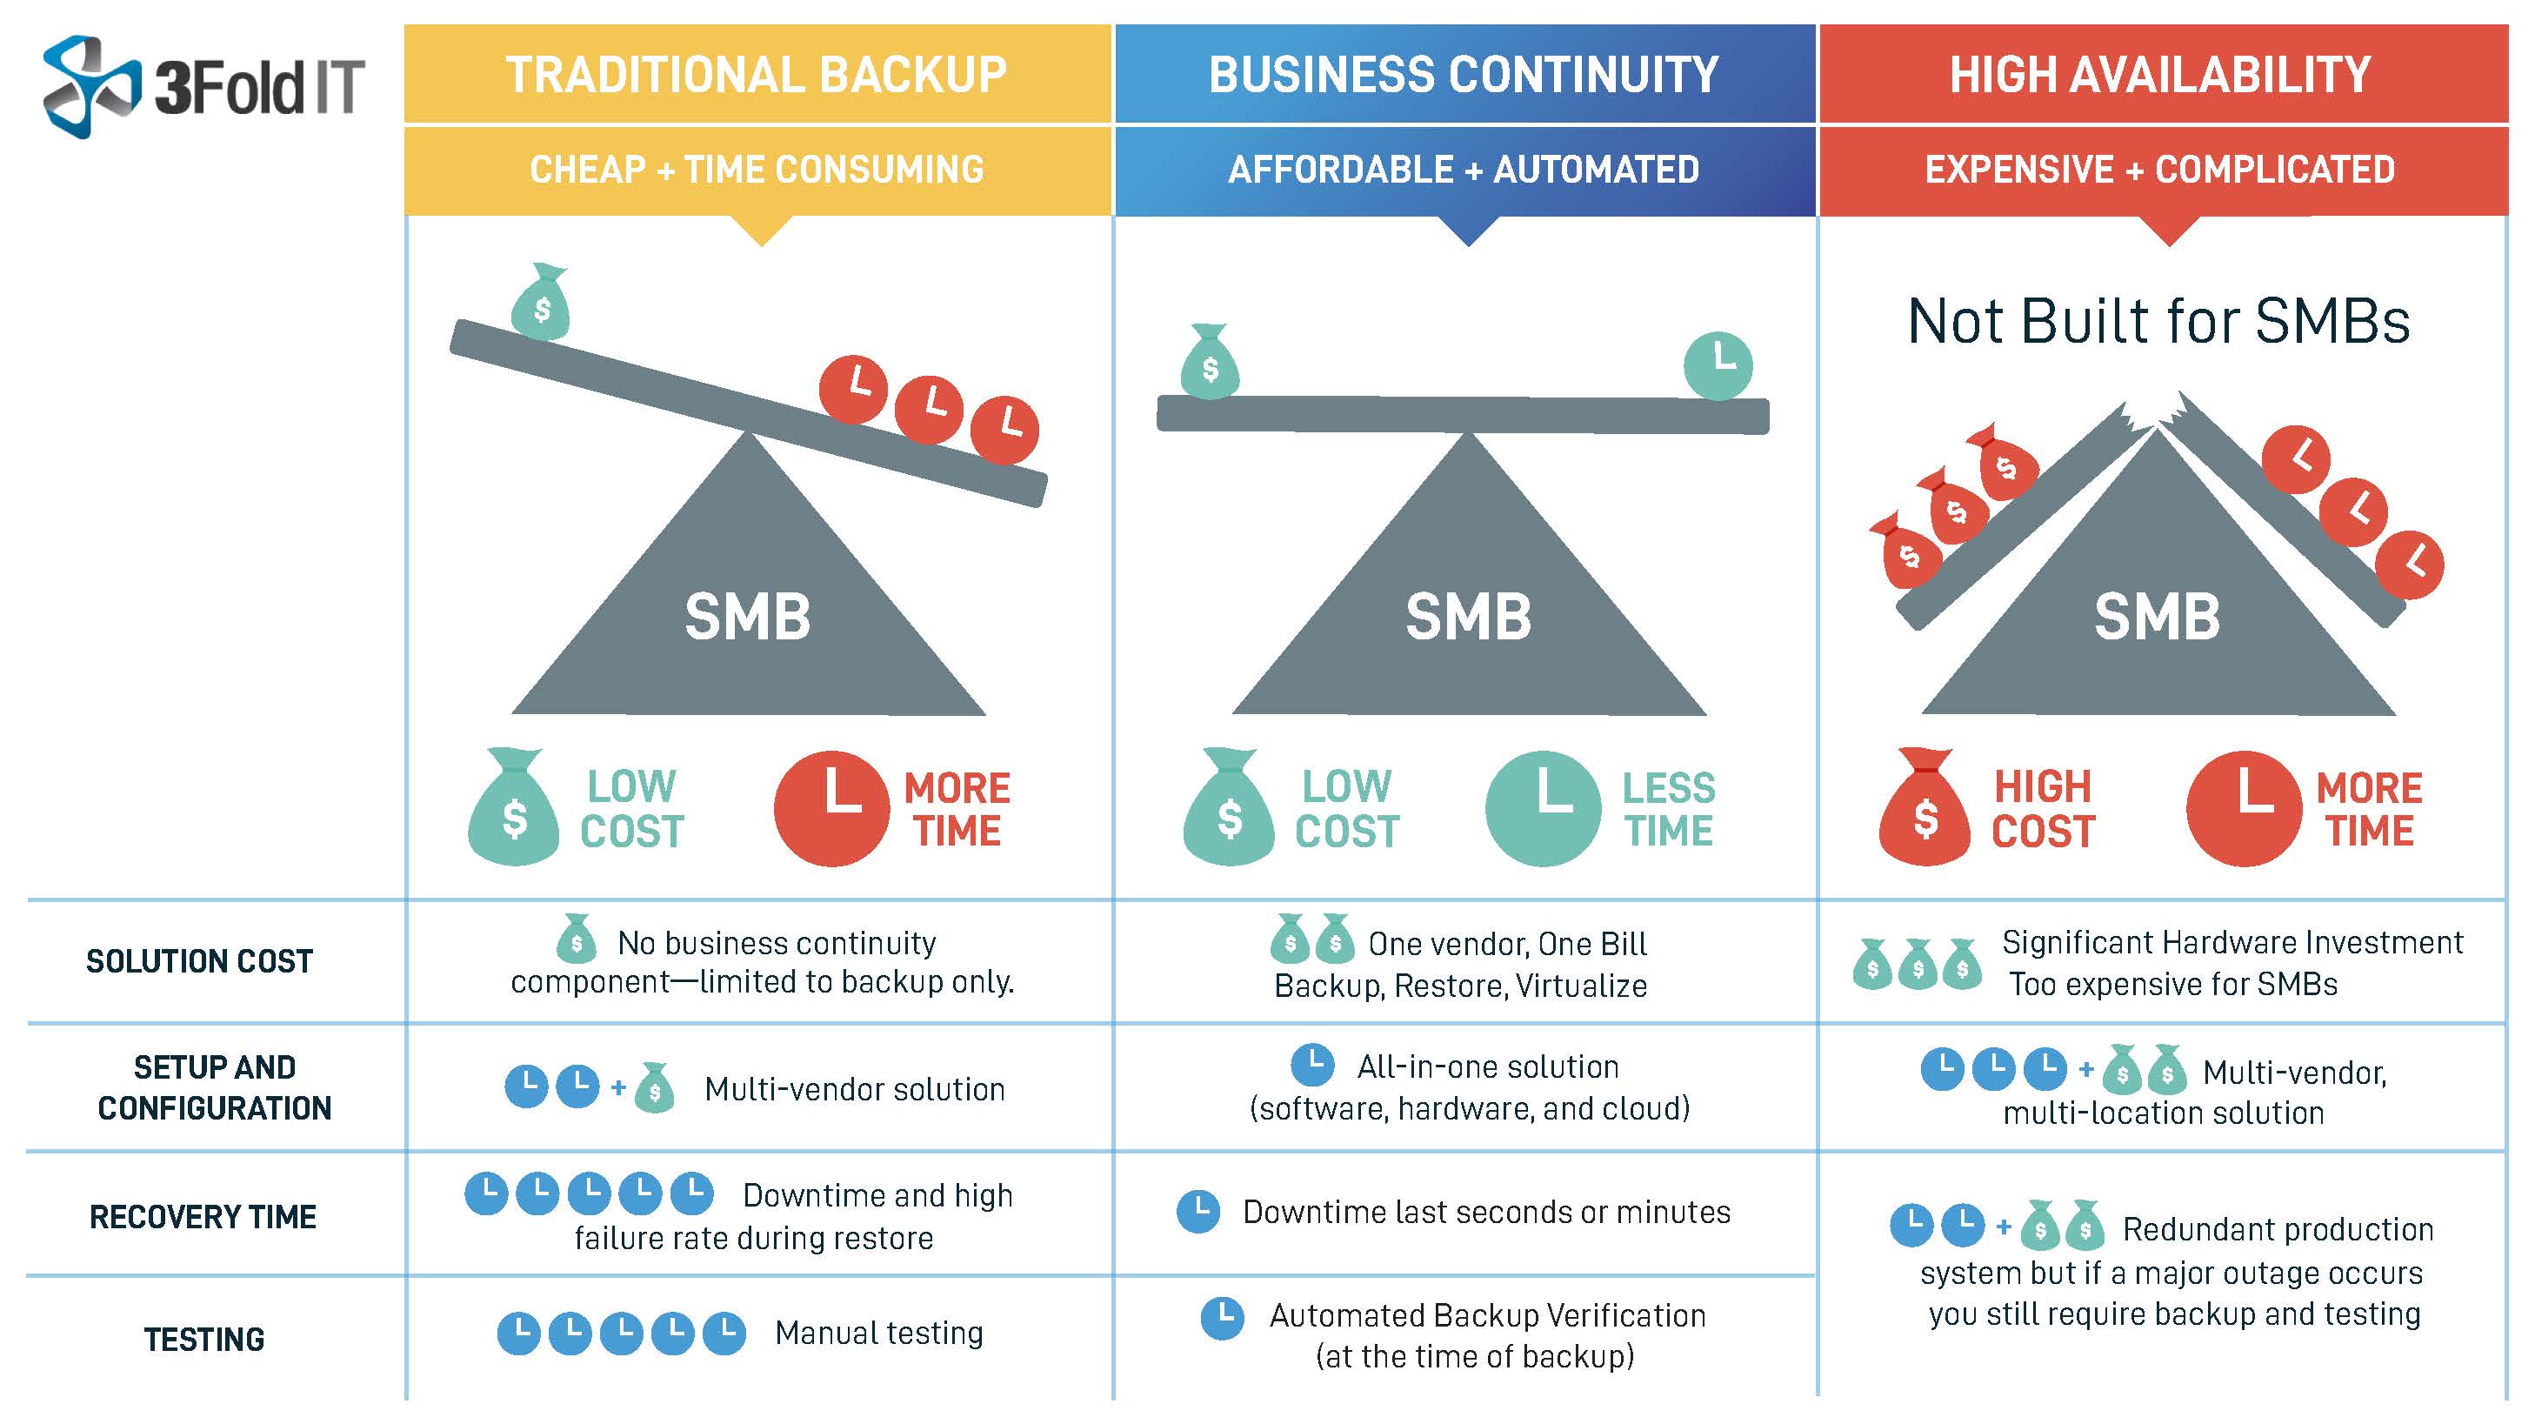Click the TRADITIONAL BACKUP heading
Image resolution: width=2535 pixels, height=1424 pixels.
[756, 75]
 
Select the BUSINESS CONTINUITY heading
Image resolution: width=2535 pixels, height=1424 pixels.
[1464, 75]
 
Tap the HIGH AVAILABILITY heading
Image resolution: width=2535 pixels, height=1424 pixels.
[2160, 75]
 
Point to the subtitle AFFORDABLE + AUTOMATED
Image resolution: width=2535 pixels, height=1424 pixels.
[1464, 170]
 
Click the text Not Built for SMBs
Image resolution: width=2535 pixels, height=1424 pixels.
[2158, 321]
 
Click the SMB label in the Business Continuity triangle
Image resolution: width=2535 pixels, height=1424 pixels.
[1468, 617]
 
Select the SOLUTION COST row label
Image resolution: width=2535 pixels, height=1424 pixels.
[199, 961]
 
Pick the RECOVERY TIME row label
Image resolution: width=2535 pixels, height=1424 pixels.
[203, 1217]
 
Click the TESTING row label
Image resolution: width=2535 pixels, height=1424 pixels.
[203, 1340]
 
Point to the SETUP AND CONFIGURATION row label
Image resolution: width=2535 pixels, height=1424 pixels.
[215, 1087]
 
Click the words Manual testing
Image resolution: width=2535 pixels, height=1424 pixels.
[879, 1333]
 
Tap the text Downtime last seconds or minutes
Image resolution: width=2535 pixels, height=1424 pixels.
[1486, 1212]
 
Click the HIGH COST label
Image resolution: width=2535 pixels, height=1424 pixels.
[2043, 809]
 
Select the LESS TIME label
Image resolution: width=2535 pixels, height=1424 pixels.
[1668, 809]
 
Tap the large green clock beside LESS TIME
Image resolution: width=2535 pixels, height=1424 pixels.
[1542, 809]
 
